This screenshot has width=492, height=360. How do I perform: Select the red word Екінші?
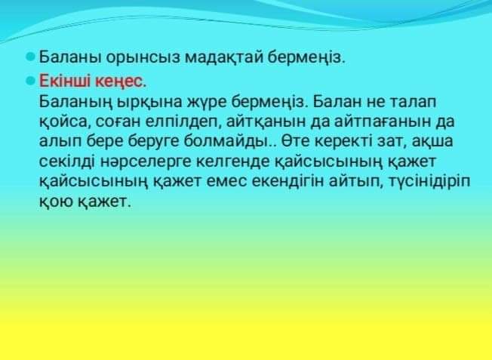point(65,81)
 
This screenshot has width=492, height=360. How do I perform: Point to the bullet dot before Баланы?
point(30,57)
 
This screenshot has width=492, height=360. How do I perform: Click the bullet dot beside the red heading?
point(30,81)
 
